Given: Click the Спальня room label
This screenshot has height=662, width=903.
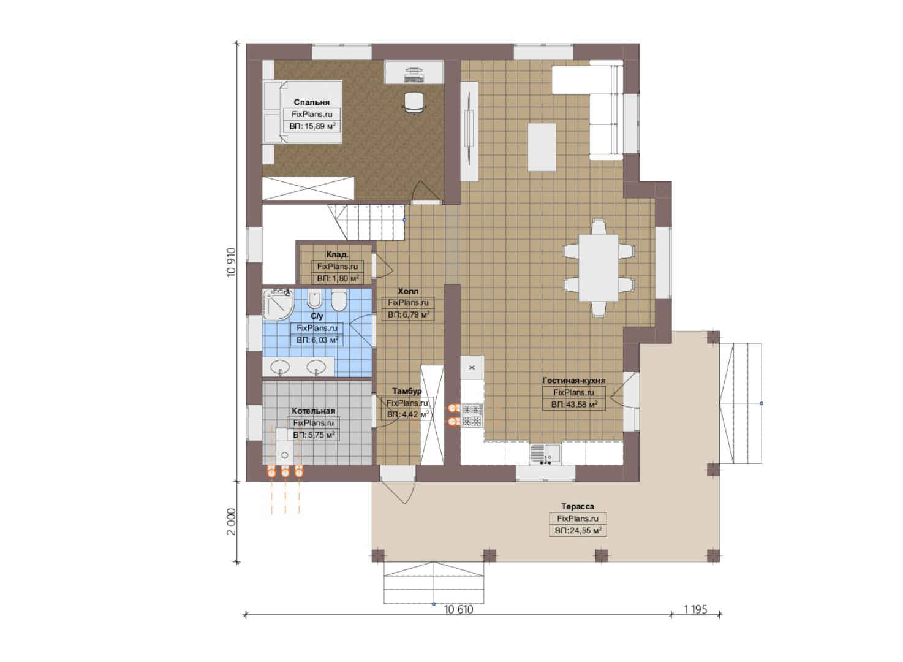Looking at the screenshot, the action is point(311,102).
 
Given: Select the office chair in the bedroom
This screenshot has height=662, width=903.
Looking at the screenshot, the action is point(414,102).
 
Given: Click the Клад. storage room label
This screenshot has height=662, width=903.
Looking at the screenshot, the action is point(338,254).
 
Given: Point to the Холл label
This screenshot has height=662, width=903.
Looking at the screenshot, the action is point(408,291).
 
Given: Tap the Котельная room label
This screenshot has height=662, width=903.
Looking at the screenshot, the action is point(313,411).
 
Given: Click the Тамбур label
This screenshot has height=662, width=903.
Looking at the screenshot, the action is point(407,391).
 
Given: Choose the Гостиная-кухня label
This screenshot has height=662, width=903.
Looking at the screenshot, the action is point(573,381).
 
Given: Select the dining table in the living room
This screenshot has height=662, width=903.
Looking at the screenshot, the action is point(599,267).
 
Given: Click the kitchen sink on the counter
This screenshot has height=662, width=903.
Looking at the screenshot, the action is point(545,454).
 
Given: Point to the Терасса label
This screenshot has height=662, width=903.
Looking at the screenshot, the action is point(578,506).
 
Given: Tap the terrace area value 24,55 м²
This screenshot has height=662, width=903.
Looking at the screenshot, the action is point(578,530).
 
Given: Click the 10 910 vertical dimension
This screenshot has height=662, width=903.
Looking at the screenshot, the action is point(231,262).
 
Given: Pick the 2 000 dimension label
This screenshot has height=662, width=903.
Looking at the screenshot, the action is point(231,521).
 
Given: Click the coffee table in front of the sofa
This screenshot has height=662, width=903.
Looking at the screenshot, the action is point(542,147).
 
